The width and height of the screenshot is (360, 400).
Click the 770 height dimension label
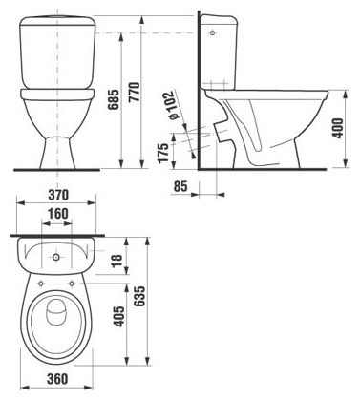pyautogui.click(x=135, y=92)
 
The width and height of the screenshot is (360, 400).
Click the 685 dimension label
pyautogui.click(x=114, y=99)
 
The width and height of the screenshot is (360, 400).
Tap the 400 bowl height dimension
pyautogui.click(x=338, y=128)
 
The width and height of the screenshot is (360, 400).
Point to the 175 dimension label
pyautogui.click(x=163, y=153)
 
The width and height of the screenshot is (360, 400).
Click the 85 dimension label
pyautogui.click(x=180, y=186)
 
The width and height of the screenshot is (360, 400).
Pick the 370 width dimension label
pyautogui.click(x=58, y=195)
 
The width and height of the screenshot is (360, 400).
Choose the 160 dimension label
pyautogui.click(x=57, y=214)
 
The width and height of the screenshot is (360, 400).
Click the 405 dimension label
pyautogui.click(x=119, y=317)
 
